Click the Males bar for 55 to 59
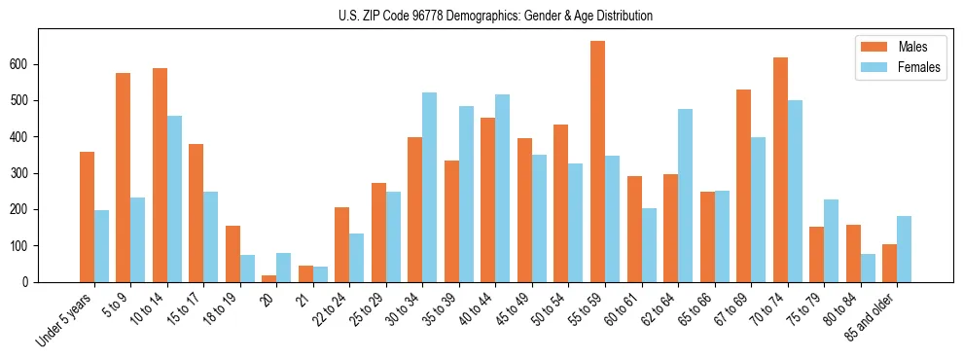(x=598, y=162)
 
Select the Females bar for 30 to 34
(x=430, y=187)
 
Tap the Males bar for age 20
(x=269, y=278)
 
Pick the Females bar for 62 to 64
(x=686, y=196)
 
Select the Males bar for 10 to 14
(x=160, y=175)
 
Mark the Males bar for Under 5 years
(x=87, y=217)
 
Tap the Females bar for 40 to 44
(x=503, y=188)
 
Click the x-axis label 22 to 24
(x=329, y=311)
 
